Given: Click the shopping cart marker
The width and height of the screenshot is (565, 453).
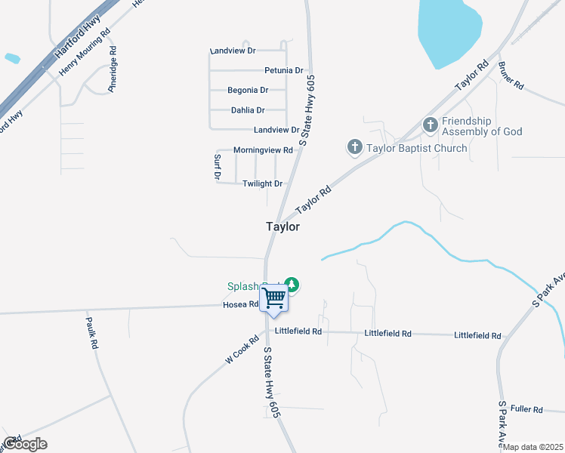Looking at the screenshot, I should [273, 297].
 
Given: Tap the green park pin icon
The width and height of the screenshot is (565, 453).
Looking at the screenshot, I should [292, 285].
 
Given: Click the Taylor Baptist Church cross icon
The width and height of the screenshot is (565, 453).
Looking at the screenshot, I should [355, 147].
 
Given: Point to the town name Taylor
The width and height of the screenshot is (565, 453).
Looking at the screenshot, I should [282, 226].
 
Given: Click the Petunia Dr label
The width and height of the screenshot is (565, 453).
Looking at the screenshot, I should [284, 70].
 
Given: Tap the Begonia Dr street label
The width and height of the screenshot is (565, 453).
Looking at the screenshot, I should [248, 90].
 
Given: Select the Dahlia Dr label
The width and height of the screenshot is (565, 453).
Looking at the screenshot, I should [249, 110].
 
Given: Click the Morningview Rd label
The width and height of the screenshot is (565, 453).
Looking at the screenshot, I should [263, 150].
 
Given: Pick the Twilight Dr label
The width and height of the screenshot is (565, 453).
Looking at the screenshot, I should [262, 183].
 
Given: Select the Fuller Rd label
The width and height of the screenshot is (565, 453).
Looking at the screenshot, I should [526, 409].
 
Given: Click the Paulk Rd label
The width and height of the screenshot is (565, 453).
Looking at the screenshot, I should [94, 332].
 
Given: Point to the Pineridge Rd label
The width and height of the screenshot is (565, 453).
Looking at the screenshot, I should [113, 70].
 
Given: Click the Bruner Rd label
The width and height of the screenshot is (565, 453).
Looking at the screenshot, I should [511, 76].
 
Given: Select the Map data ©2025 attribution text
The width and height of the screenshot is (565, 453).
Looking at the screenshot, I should [533, 447].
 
